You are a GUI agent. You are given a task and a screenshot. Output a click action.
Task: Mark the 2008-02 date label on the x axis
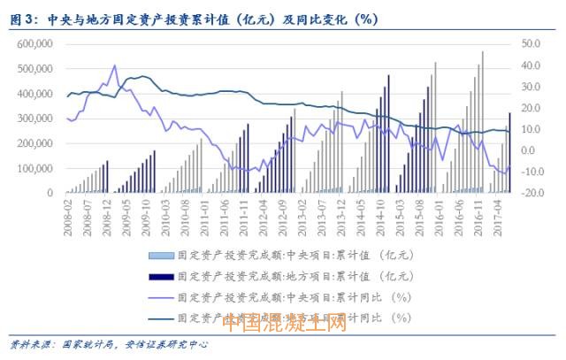tap(66, 212)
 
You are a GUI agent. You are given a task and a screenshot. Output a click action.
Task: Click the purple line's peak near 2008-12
tap(115, 65)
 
